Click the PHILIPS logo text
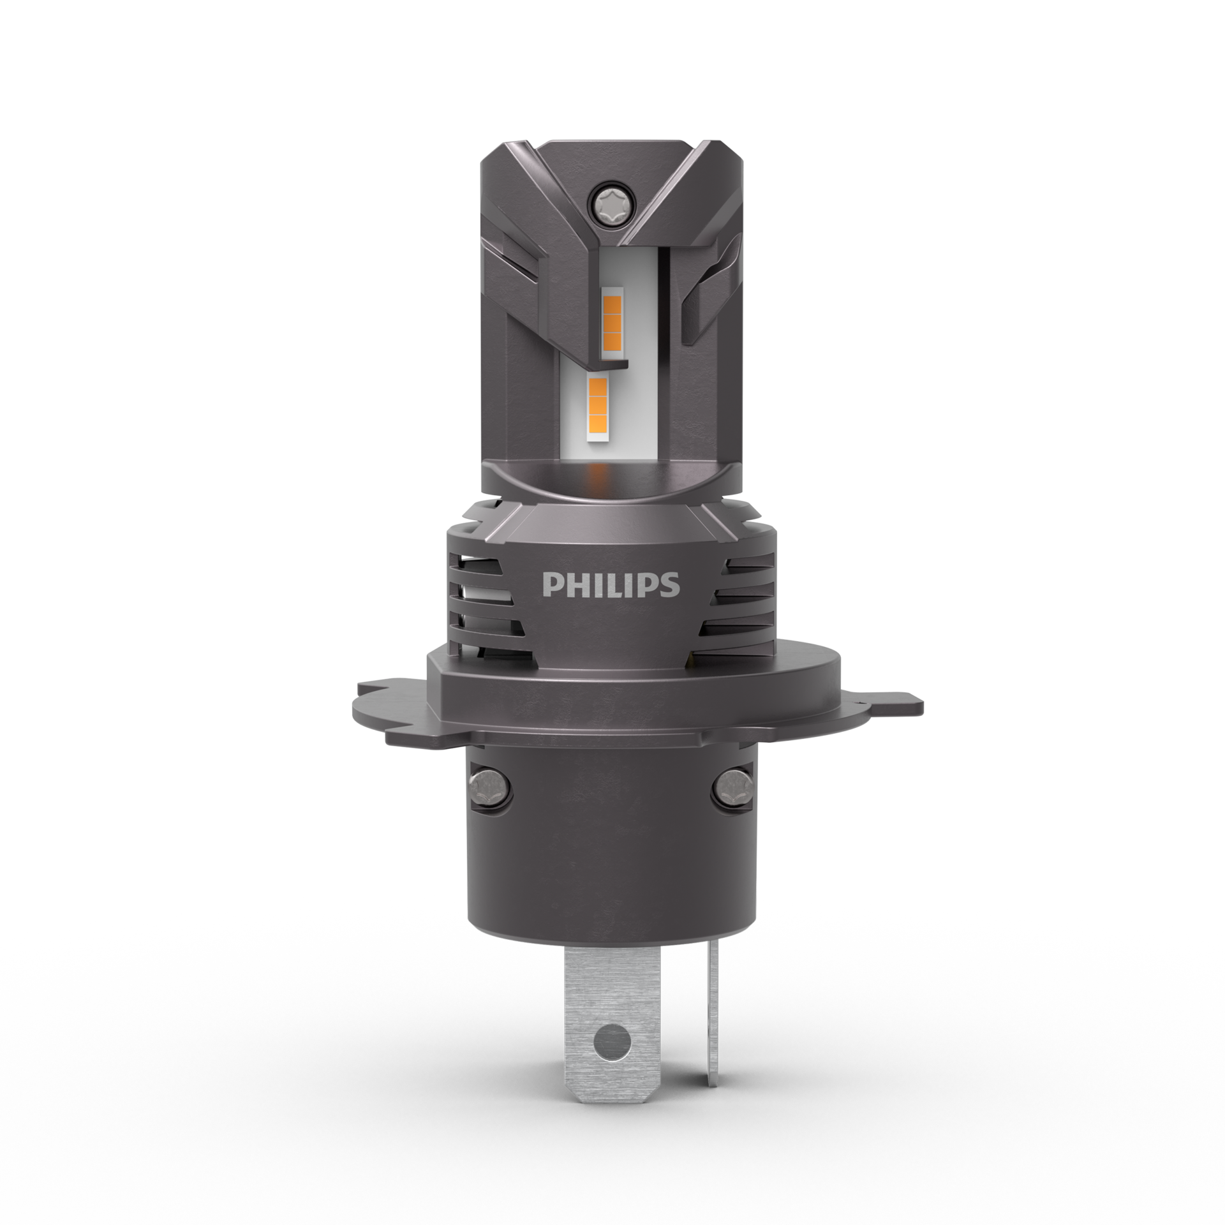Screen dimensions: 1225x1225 click(x=611, y=584)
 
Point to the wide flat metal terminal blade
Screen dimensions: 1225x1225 click(x=611, y=995)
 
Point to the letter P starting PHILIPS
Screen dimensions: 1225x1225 click(x=549, y=585)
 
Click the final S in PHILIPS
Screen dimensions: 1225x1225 click(x=671, y=585)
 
